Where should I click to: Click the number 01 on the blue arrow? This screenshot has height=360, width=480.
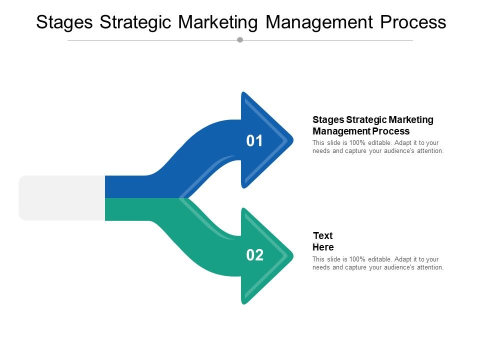(254, 141)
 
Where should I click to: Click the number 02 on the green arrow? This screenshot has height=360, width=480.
(254, 255)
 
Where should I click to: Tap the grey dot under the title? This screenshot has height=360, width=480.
(240, 39)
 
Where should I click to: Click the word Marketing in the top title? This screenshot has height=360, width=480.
(217, 22)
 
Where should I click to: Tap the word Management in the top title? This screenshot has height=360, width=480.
(320, 22)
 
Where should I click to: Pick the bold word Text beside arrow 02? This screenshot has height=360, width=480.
(322, 235)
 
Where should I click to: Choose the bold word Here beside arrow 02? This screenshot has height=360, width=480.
(323, 247)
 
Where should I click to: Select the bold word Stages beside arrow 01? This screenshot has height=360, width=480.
(328, 120)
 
